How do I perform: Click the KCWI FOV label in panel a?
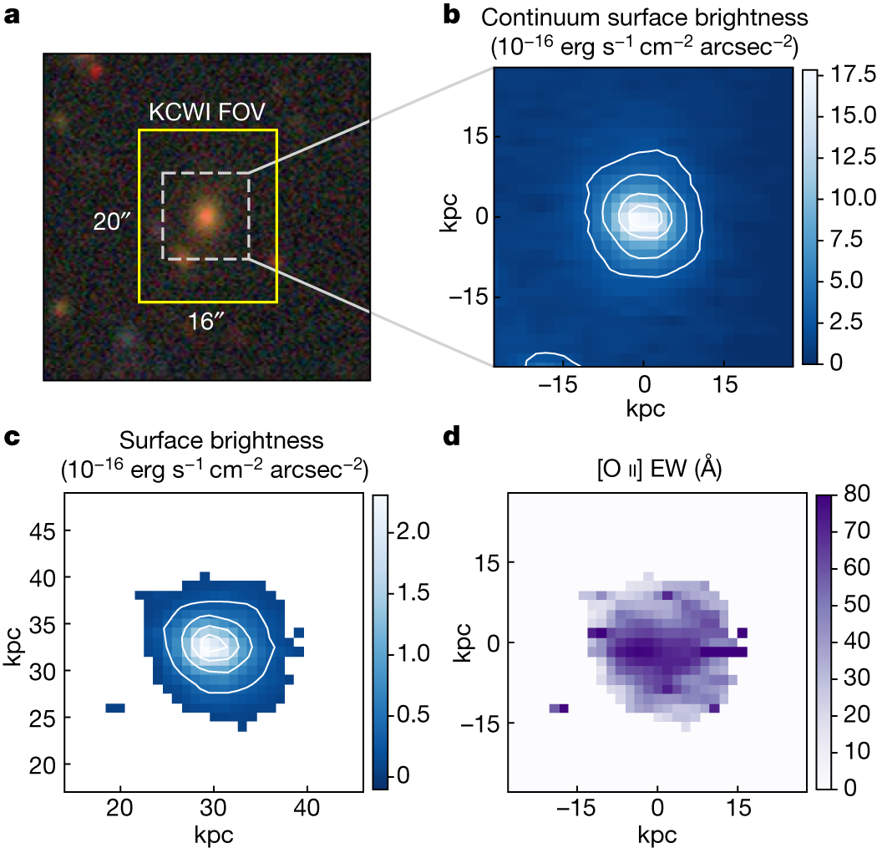click(x=206, y=112)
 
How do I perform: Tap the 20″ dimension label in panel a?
click(x=111, y=221)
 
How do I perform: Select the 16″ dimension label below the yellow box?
click(x=205, y=322)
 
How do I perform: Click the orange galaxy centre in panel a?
click(x=206, y=216)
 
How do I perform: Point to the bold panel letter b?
click(x=451, y=15)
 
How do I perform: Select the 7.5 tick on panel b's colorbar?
click(x=846, y=239)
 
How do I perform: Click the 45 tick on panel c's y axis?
click(x=43, y=531)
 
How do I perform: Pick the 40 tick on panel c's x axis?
click(x=307, y=808)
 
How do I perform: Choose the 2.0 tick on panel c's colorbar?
click(x=413, y=531)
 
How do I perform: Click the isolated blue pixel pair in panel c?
click(x=115, y=708)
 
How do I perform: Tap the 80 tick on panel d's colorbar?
click(x=857, y=494)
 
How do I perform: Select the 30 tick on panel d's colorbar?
click(x=857, y=678)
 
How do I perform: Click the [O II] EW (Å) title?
click(x=660, y=468)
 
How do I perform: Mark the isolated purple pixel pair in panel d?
click(x=560, y=708)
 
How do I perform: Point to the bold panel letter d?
click(x=451, y=437)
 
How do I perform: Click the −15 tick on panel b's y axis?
click(x=468, y=297)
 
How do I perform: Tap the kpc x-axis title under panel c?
click(x=214, y=835)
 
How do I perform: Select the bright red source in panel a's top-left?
click(x=96, y=71)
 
